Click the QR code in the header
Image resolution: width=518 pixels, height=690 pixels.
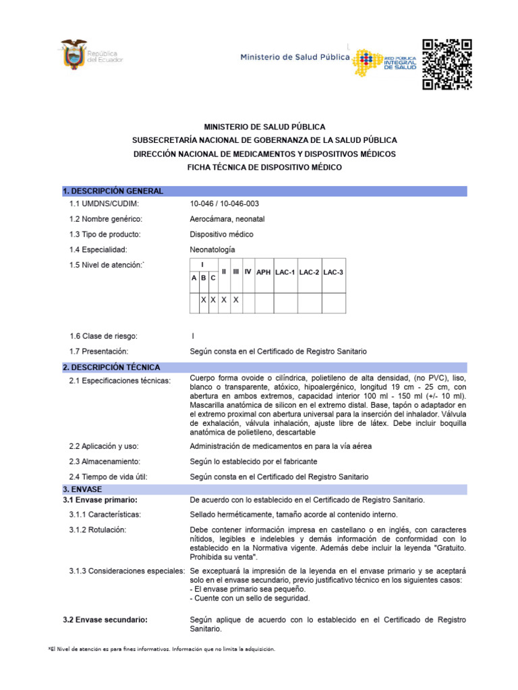click(x=447, y=65)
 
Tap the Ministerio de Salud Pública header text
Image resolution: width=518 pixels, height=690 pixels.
click(x=295, y=58)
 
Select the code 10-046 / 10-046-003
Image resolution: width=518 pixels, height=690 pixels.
click(x=224, y=203)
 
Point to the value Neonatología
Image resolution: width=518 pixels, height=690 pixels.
click(x=212, y=249)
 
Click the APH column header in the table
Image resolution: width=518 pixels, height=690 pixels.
click(x=263, y=272)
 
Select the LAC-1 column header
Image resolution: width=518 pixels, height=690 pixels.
click(x=286, y=272)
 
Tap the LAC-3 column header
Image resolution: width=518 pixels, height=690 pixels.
click(x=333, y=272)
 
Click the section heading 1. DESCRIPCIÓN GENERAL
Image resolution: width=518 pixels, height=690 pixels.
click(x=113, y=191)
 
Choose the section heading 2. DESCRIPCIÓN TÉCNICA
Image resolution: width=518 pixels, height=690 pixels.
click(x=111, y=368)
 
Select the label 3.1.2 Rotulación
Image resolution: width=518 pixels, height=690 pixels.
click(x=98, y=530)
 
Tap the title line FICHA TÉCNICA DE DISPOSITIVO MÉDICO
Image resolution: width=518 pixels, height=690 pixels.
click(x=264, y=167)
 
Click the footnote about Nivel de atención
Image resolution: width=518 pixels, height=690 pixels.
click(x=161, y=649)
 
